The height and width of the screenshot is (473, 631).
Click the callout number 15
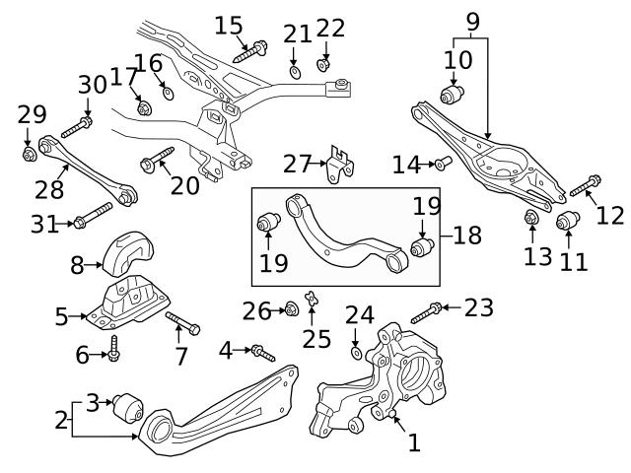tap(228, 24)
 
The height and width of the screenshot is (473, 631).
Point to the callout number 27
tap(297, 163)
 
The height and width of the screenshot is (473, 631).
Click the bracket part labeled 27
tap(341, 165)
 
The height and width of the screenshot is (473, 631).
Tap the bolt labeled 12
tap(586, 184)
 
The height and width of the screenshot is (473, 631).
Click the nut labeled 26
tap(291, 310)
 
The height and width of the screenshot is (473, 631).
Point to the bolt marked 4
tap(260, 351)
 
